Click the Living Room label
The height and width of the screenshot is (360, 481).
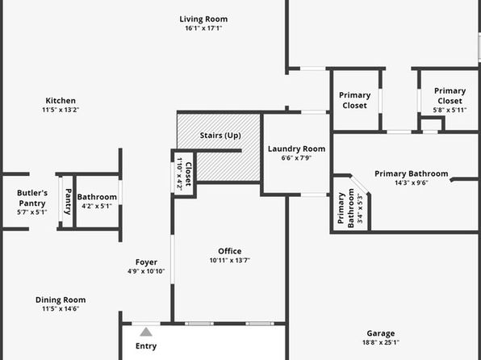pos(203,19)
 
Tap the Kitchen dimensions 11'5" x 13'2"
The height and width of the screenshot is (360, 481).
pos(61,110)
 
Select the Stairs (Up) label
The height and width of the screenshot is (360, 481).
pos(220,136)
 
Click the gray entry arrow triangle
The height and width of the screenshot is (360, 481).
pos(146,332)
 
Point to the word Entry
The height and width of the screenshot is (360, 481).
pos(146,346)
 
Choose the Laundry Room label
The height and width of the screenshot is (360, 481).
pos(296,149)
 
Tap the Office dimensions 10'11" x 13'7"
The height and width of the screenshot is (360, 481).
pos(230,260)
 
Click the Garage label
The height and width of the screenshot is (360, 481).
pos(381,333)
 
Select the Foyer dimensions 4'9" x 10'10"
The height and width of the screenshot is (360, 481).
pos(146,271)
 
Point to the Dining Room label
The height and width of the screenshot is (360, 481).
pos(61,299)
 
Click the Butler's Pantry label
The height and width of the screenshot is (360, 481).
pos(32,198)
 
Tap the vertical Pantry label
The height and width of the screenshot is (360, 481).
pos(68,201)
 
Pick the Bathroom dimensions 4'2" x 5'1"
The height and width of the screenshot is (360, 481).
pos(97,206)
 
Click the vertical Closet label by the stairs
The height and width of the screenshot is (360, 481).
pos(188,174)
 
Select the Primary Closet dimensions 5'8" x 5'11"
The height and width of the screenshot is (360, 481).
pos(450,110)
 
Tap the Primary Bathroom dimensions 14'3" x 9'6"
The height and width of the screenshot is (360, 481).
pos(412,183)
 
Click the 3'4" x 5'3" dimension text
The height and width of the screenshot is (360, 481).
pos(360,208)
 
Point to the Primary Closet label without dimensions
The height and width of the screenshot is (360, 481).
pos(354,100)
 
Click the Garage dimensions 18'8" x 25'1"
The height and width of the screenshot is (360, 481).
pos(381,342)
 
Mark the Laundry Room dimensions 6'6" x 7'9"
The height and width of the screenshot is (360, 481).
pos(296,158)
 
